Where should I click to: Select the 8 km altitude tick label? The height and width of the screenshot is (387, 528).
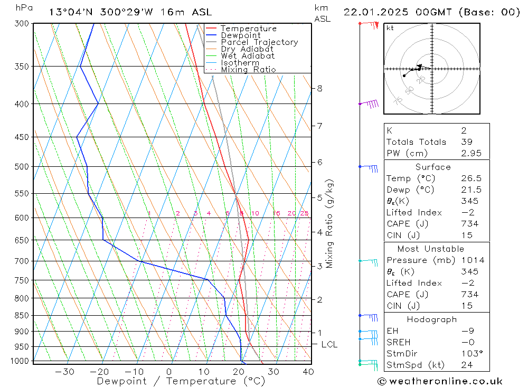tap(320, 88)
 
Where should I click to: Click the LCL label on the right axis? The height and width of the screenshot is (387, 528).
tap(329, 344)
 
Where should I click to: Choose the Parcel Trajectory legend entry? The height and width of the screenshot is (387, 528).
tap(259, 42)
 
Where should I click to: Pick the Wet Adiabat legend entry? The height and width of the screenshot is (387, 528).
tap(248, 56)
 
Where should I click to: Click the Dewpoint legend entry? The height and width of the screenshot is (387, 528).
tap(241, 35)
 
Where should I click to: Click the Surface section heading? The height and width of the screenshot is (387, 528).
tap(433, 167)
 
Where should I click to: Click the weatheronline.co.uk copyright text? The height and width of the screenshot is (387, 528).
tap(440, 381)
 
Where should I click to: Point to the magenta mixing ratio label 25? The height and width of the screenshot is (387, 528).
tap(304, 213)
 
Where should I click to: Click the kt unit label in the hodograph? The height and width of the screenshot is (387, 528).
tap(390, 28)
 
